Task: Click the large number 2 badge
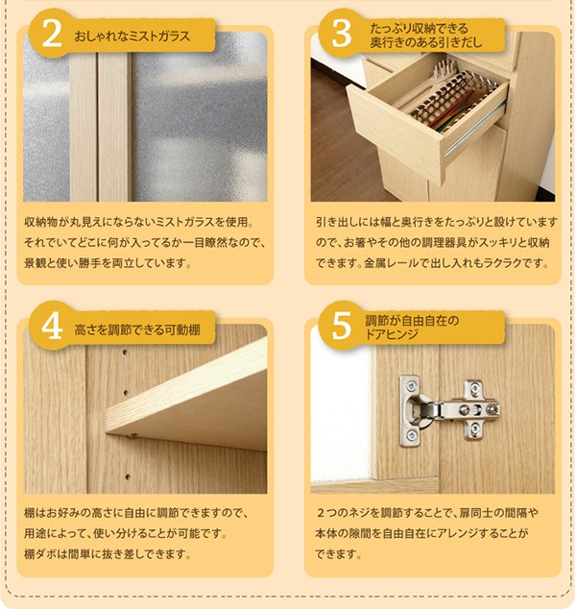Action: pyautogui.click(x=52, y=35)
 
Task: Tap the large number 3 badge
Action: pyautogui.click(x=342, y=35)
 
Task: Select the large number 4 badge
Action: pyautogui.click(x=52, y=327)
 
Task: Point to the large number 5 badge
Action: pyautogui.click(x=342, y=327)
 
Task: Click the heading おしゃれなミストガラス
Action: pyautogui.click(x=132, y=37)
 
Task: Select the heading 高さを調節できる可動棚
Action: pyautogui.click(x=137, y=329)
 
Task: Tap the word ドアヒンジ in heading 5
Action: pyautogui.click(x=392, y=334)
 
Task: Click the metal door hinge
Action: pyautogui.click(x=449, y=411)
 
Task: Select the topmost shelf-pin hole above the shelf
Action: pyautogui.click(x=125, y=353)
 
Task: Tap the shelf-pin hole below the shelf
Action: pyautogui.click(x=128, y=475)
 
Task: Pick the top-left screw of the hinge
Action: pyautogui.click(x=411, y=385)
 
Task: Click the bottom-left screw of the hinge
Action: pyautogui.click(x=411, y=434)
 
